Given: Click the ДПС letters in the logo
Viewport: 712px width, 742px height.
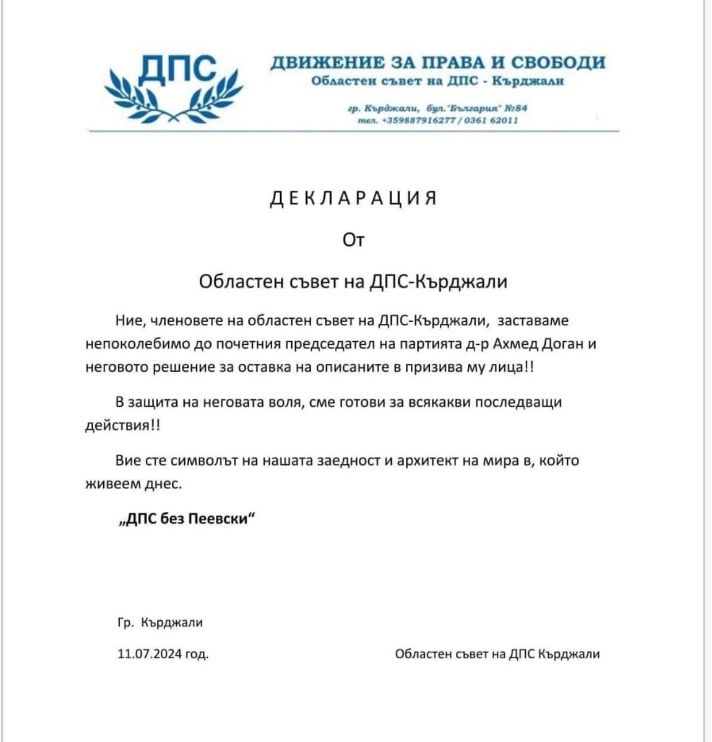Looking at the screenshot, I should [x=177, y=70].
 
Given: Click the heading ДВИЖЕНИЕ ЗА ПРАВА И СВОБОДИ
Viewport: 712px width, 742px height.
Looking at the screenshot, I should [x=438, y=63].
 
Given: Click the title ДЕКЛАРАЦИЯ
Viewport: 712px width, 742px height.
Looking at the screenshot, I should [x=353, y=198].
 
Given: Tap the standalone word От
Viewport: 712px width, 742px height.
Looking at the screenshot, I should [x=353, y=240].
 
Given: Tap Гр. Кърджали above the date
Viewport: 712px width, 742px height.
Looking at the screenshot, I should [x=160, y=622].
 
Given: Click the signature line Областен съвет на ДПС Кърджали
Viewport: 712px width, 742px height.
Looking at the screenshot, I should [x=497, y=654].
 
